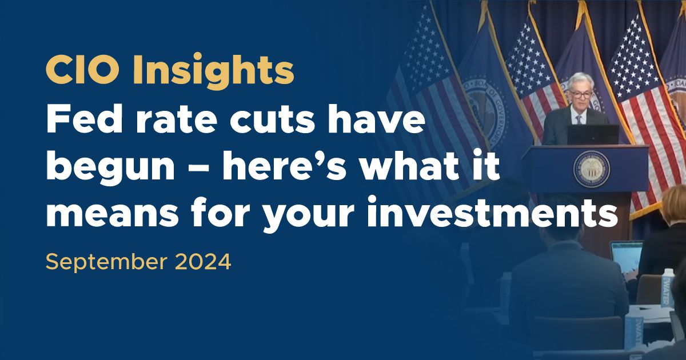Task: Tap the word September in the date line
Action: [x=105, y=262]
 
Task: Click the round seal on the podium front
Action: [x=591, y=169]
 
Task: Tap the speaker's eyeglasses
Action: [x=578, y=95]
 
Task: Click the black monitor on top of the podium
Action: [x=592, y=134]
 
